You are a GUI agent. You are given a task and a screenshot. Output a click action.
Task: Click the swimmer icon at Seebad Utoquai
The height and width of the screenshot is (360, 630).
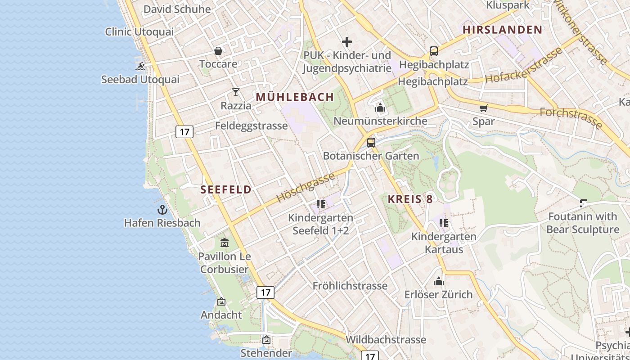tap(140, 66)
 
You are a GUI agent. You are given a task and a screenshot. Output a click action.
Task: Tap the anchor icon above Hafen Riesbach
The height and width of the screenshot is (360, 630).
tap(162, 210)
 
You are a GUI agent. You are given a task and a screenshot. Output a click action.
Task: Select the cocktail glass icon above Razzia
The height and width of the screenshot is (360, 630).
tap(236, 93)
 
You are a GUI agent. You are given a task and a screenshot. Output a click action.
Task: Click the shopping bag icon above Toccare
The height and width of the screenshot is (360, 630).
tap(218, 51)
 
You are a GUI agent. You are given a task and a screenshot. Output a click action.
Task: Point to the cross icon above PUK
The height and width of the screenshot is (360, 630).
tap(346, 42)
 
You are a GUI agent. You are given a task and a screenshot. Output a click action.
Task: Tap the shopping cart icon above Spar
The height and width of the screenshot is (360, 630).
tap(484, 108)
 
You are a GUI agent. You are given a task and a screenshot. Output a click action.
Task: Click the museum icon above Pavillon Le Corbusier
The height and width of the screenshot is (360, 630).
tap(225, 243)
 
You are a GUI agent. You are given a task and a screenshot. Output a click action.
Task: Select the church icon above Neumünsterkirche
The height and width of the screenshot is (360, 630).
tap(380, 108)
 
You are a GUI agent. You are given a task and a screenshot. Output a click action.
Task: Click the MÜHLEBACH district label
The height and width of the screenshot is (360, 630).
tap(295, 97)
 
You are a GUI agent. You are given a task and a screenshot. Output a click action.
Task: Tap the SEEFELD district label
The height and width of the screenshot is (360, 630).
tap(226, 189)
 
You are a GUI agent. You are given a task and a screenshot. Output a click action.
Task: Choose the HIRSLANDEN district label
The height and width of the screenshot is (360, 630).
tap(503, 30)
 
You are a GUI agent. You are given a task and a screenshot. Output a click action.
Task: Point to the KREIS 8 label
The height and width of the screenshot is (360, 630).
tap(410, 199)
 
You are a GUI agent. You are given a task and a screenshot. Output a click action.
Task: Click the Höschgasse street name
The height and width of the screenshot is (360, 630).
tap(306, 187)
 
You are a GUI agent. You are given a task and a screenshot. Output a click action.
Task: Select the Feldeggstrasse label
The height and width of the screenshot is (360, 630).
tap(251, 126)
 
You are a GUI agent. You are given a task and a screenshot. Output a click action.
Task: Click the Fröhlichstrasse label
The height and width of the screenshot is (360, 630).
tap(350, 286)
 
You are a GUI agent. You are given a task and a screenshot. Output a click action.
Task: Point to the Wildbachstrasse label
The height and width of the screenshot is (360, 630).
tap(386, 339)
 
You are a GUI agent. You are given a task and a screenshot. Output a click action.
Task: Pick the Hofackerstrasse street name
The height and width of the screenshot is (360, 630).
tap(524, 66)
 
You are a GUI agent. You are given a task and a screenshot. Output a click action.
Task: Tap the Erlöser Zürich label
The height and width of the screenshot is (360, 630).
tap(438, 294)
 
